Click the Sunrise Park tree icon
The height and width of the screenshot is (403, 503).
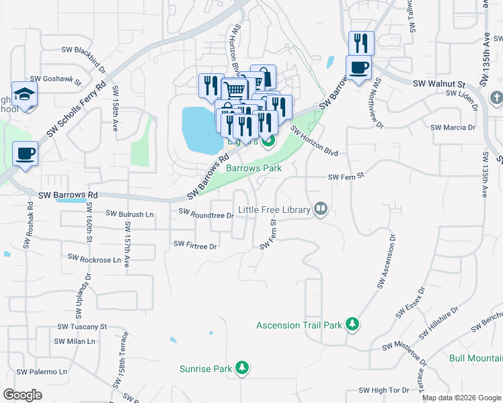(242, 368)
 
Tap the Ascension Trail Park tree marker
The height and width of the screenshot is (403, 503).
(352, 325)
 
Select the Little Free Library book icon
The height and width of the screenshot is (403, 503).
(321, 210)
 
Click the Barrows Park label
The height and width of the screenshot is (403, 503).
(254, 168)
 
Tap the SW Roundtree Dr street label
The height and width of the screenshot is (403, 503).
(206, 214)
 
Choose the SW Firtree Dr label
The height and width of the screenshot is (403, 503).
(195, 245)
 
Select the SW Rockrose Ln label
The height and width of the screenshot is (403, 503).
(95, 258)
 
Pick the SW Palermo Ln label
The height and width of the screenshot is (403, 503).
(42, 371)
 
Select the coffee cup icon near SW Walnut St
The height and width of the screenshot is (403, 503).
(358, 68)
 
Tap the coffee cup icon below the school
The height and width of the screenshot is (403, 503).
(25, 153)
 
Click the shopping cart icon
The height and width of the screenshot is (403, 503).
(233, 89)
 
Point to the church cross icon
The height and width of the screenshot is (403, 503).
(496, 99)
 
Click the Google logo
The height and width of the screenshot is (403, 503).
(22, 395)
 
